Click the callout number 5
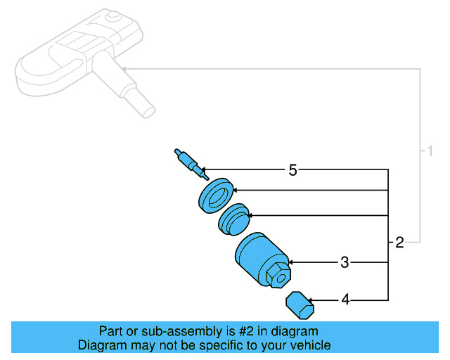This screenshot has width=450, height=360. pos(293,169)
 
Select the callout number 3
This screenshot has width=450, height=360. pos(345,263)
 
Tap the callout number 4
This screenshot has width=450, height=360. pos(345,300)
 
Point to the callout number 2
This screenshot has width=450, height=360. pos(399,243)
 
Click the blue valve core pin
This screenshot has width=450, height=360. pos(188,161)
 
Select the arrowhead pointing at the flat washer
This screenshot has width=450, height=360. pos(236,190)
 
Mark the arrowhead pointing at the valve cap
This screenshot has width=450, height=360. pos(312,300)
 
